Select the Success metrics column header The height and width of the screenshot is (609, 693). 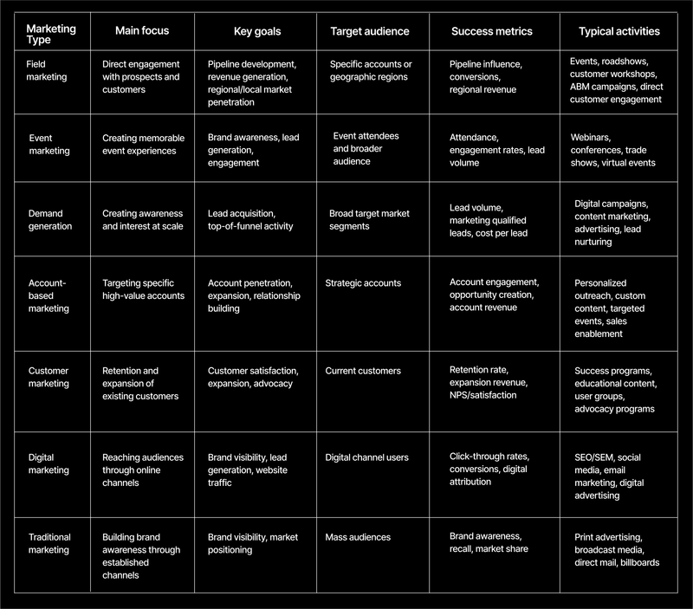tap(492, 31)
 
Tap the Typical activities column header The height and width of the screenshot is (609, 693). tap(619, 31)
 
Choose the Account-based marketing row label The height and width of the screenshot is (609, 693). tap(50, 295)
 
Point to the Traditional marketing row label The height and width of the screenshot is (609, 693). tap(50, 543)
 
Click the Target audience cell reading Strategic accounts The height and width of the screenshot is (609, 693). tap(363, 283)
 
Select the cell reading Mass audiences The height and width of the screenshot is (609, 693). tap(359, 537)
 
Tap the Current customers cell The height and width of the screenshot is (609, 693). tap(363, 371)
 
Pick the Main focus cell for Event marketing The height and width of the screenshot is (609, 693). tap(139, 144)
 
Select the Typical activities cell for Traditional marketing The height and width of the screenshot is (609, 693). tap(617, 549)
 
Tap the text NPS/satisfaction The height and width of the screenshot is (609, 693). tap(483, 395)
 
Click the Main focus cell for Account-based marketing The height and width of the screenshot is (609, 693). tap(143, 289)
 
